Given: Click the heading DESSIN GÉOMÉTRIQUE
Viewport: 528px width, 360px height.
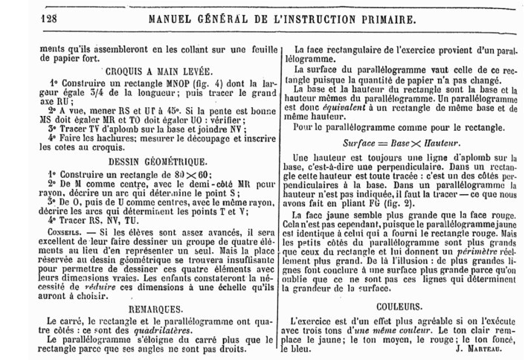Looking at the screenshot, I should pos(152,161).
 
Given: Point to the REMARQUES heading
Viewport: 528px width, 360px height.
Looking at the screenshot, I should pos(152,306).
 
